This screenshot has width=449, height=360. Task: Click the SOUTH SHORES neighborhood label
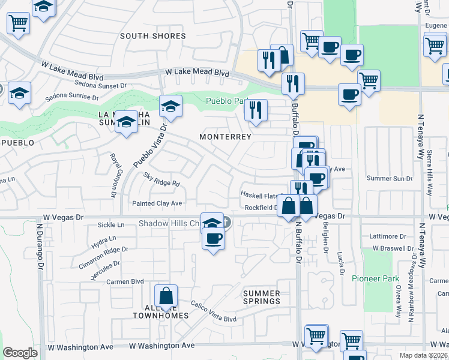pos(152,36)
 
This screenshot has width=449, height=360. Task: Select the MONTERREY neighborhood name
pos(225,137)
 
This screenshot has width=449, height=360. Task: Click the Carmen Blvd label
pos(125,281)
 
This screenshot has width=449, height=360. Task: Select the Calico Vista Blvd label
pos(214,311)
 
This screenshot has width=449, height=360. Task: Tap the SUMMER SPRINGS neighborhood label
pos(261,297)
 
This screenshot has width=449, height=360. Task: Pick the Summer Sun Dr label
pos(390,178)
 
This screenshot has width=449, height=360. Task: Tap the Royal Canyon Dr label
pos(112,175)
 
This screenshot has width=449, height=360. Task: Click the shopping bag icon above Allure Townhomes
pos(166,296)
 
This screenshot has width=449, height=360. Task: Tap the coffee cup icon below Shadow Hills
pos(212,239)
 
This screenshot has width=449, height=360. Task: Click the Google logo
pos(20,353)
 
